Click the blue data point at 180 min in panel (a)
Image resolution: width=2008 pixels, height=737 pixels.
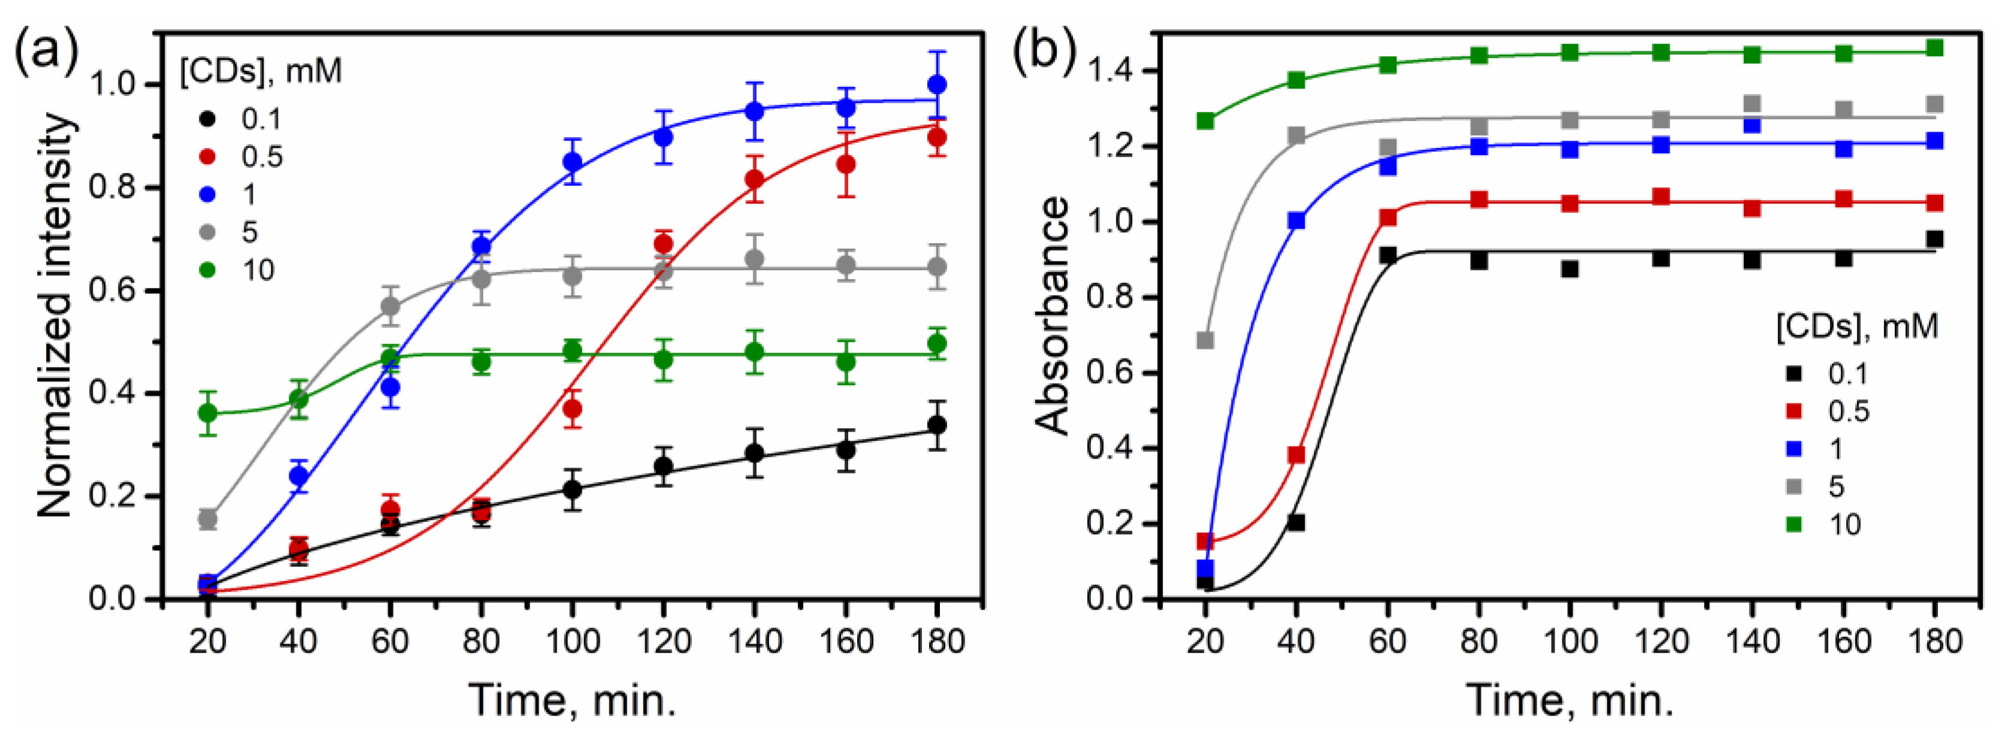[937, 84]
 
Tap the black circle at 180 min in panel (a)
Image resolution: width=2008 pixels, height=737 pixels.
[937, 425]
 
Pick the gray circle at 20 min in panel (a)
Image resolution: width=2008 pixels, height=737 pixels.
[208, 518]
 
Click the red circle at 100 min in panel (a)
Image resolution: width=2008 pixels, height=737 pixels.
[573, 408]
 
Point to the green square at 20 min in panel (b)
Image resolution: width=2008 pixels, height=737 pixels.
[1205, 121]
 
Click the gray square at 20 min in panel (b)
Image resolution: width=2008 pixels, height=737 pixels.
[1205, 341]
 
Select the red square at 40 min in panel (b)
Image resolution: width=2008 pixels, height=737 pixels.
[1296, 455]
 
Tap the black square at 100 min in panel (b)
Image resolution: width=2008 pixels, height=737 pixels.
[1570, 269]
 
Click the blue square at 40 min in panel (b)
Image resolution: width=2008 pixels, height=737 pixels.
[1296, 220]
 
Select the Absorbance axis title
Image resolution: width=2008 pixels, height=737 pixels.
[1053, 316]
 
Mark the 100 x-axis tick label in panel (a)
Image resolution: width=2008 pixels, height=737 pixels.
[573, 641]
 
